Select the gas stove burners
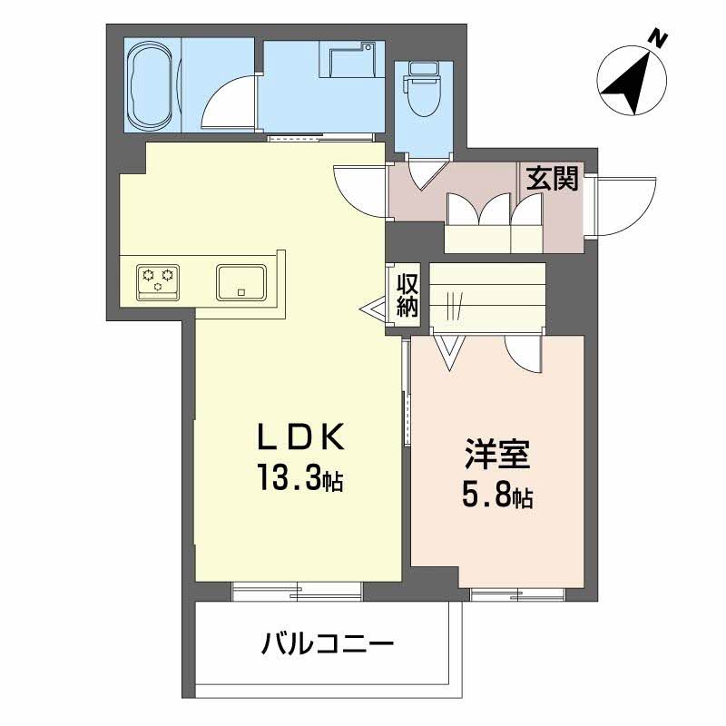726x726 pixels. click(159, 280)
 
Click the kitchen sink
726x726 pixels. click(240, 280)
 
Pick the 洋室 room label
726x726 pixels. click(496, 454)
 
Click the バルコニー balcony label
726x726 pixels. click(328, 646)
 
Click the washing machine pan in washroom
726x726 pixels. click(352, 62)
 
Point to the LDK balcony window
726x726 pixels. click(297, 591)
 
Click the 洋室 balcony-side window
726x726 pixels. click(517, 594)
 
